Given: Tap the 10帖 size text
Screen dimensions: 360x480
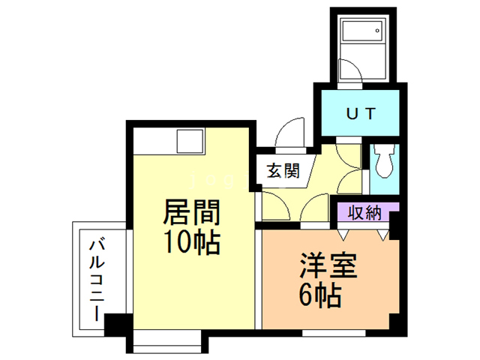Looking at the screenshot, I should [x=191, y=242].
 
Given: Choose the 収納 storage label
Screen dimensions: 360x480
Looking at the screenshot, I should [x=366, y=212].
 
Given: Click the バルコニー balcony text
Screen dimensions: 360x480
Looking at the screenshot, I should [x=96, y=279].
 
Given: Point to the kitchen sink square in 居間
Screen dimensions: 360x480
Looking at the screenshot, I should [x=190, y=141].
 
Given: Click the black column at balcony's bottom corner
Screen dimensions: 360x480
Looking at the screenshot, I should [x=118, y=324].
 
